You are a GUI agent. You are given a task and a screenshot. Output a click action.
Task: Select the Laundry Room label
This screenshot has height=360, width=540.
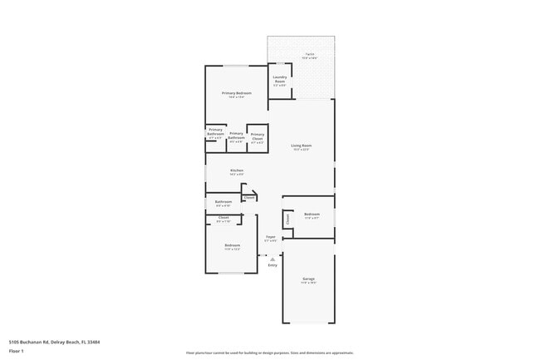(x=280, y=79)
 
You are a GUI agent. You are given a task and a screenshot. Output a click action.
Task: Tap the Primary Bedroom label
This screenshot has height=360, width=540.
(x=236, y=93)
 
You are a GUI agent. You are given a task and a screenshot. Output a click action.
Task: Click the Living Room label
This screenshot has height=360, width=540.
(x=300, y=146)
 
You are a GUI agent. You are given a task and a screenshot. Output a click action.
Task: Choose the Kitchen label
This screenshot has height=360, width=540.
(x=237, y=170)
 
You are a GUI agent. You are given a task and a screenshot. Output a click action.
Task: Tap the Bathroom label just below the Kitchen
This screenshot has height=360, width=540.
(x=223, y=201)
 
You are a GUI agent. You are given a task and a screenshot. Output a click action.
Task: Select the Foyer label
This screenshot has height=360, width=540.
(x=270, y=237)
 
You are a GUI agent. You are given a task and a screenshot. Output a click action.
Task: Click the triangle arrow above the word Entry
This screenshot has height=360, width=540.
(x=272, y=259)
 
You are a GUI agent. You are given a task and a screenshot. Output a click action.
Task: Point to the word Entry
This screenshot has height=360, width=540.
(x=272, y=265)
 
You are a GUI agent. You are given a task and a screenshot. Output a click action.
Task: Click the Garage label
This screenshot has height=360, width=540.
(x=308, y=279)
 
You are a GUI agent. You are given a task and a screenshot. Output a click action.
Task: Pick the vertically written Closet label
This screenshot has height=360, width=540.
(x=287, y=219)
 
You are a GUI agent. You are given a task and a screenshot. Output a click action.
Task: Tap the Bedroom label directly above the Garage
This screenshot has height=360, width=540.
(x=312, y=215)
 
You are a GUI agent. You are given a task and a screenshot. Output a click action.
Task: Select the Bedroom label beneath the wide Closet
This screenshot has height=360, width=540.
(x=232, y=245)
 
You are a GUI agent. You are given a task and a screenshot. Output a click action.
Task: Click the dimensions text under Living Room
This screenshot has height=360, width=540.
(x=300, y=150)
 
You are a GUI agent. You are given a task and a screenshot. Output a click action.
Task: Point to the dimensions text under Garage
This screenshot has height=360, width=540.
(x=308, y=283)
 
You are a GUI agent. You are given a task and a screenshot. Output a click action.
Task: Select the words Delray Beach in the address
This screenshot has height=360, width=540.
(x=66, y=341)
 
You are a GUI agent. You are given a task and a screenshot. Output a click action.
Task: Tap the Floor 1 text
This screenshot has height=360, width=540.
(x=17, y=351)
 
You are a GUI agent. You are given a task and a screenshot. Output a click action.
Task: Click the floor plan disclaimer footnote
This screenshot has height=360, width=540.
(x=270, y=353)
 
